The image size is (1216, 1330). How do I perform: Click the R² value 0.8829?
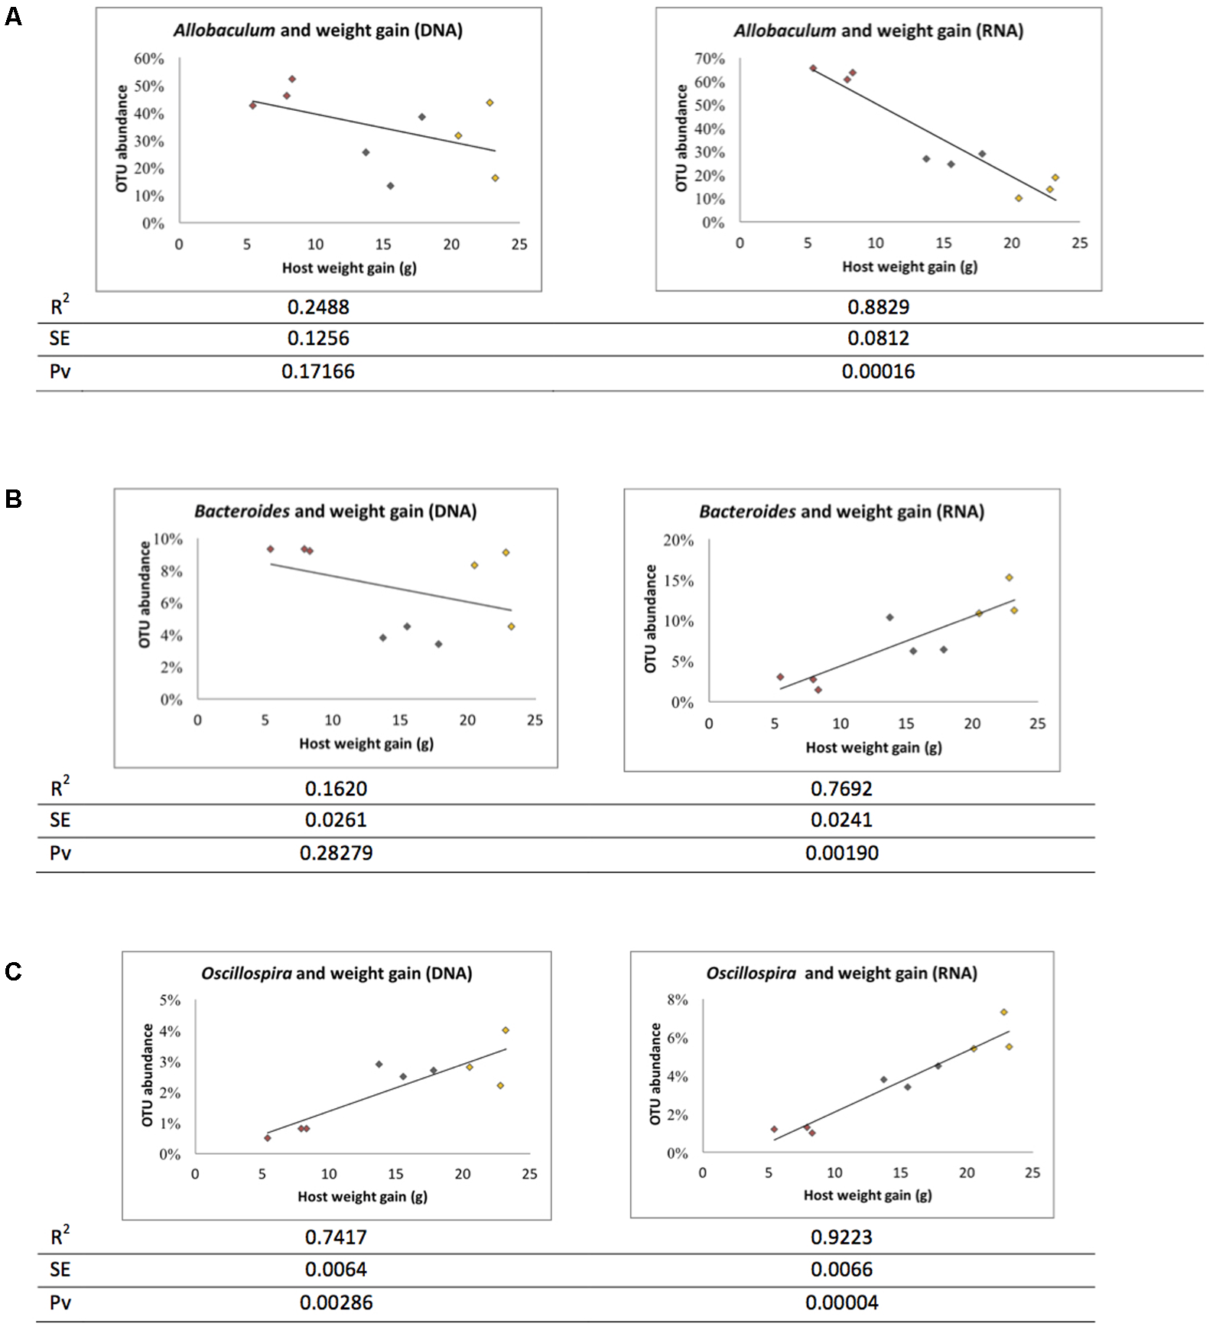click(x=878, y=307)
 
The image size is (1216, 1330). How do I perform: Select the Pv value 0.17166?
click(x=317, y=372)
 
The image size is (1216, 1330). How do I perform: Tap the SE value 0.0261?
click(x=336, y=820)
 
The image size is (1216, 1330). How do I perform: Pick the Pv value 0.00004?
click(x=841, y=1302)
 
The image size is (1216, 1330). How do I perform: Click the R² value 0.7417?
click(x=336, y=1237)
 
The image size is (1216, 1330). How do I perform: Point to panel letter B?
click(x=13, y=499)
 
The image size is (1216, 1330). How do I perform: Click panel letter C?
click(x=13, y=971)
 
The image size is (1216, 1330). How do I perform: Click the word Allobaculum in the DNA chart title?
click(x=223, y=31)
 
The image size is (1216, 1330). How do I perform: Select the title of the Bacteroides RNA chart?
click(x=841, y=512)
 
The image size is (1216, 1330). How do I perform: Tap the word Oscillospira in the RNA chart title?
click(x=750, y=974)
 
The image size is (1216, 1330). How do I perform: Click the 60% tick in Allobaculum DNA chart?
click(x=149, y=59)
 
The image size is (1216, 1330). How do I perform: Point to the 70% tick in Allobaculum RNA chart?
click(x=709, y=59)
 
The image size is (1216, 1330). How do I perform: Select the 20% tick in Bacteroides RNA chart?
click(x=678, y=541)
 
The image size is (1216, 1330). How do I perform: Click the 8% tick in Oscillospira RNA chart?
click(x=678, y=1000)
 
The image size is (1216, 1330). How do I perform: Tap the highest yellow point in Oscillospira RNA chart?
click(x=1003, y=1012)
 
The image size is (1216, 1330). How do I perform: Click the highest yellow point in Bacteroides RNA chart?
click(x=1009, y=577)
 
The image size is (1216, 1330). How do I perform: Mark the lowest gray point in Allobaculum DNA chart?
click(x=390, y=186)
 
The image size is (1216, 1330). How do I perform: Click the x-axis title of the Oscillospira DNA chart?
click(x=362, y=1196)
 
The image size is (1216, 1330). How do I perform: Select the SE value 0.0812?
click(x=878, y=338)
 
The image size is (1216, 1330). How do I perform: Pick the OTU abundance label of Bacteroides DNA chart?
click(x=144, y=594)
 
